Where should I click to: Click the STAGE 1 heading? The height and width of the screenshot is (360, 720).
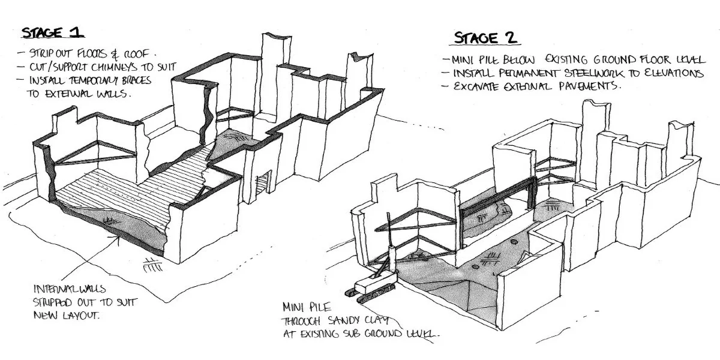click(x=52, y=33)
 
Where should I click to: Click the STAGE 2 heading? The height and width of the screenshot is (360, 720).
click(x=486, y=38)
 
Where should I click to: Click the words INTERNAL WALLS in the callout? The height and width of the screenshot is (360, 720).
click(x=70, y=289)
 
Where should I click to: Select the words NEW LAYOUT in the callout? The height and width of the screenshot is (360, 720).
click(x=66, y=316)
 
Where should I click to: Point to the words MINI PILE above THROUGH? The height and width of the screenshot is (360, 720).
click(x=307, y=307)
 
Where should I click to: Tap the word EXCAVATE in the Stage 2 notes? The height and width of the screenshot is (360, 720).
click(x=475, y=86)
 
